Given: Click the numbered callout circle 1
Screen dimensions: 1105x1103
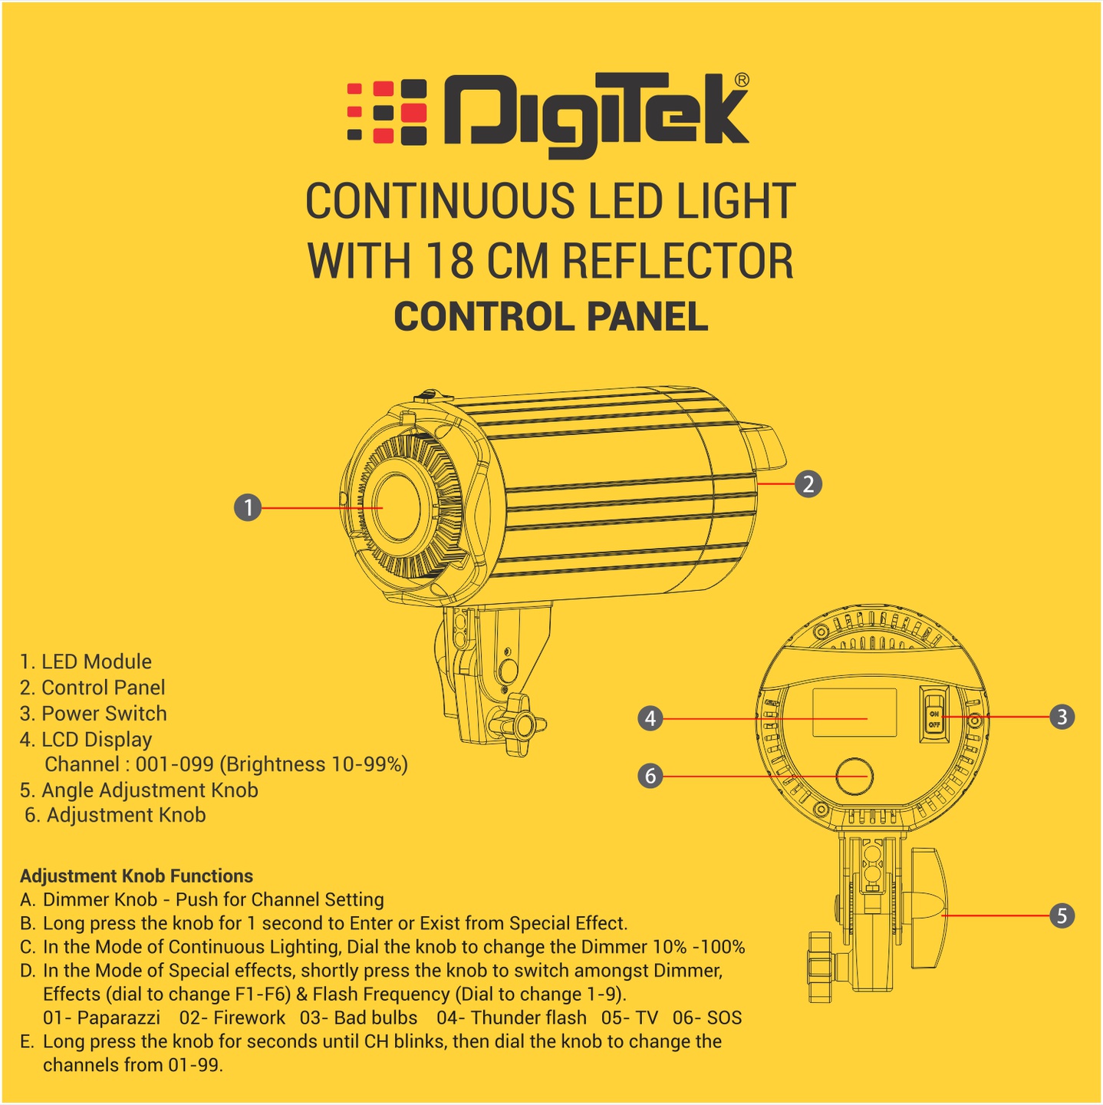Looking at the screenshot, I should coord(248,507).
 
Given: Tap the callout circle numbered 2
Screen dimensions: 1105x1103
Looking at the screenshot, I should coord(808,484).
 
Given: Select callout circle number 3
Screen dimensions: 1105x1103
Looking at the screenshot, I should coord(1062,717).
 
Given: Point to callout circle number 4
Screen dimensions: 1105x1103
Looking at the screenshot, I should coord(650,718).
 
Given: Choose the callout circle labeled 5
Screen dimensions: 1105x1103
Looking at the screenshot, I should coord(1062,915).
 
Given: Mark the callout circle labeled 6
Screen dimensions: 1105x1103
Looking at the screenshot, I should coord(650,776).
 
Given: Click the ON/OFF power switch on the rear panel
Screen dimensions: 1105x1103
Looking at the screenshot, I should coord(934,714).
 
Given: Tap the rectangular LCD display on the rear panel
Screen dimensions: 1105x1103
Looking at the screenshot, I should coord(854,712).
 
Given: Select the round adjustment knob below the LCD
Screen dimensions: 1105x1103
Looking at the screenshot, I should coord(854,777).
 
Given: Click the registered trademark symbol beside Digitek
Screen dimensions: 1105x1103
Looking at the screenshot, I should coord(741,80).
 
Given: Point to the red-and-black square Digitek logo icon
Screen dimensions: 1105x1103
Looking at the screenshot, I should coord(387,112).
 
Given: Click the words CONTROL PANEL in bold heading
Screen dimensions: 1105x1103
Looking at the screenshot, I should coord(551,317).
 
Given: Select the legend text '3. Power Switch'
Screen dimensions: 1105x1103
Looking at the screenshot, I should coord(94,714).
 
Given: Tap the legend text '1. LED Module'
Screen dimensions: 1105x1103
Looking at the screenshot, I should coord(86,661).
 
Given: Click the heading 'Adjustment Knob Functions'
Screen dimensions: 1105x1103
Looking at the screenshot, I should coord(137,876).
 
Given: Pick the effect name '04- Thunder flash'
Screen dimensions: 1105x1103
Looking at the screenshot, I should coord(511,1018).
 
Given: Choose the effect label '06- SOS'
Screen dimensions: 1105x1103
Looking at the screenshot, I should coord(707,1018).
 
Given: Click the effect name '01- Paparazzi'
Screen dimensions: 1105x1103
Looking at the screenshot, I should coord(102,1018).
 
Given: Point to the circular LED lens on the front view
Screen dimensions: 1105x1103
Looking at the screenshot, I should coord(396,507).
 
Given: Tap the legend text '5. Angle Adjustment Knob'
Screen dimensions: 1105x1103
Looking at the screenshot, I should coord(139,790).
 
